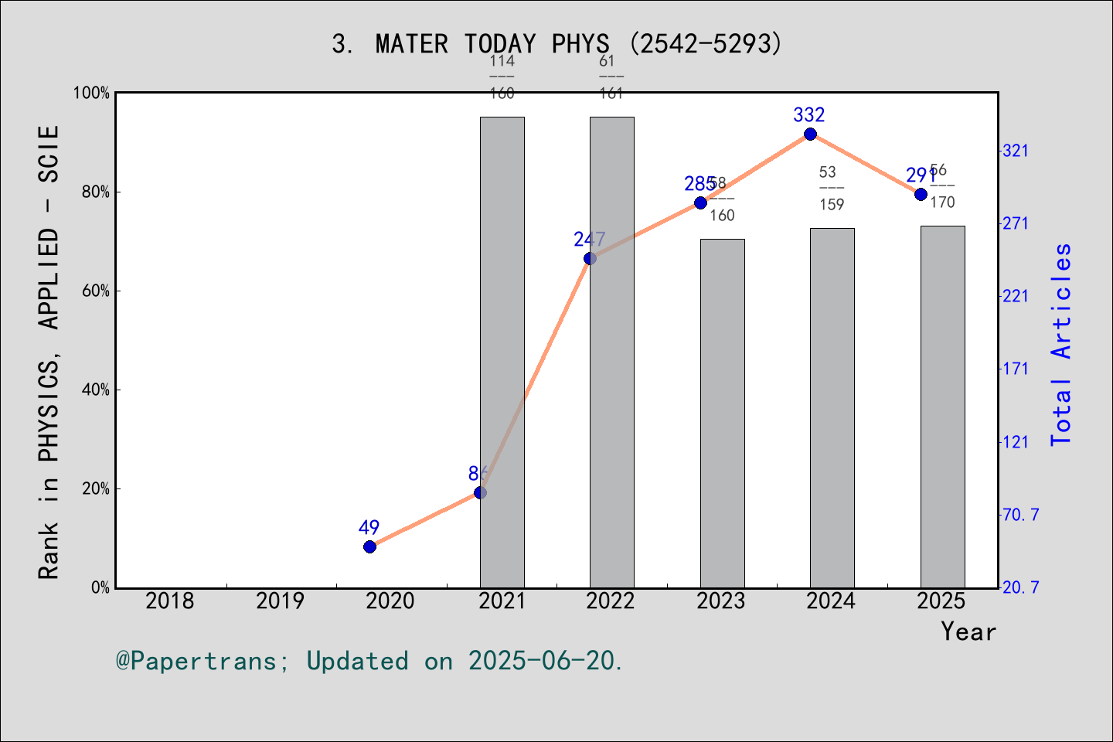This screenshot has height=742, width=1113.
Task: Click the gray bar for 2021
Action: [x=502, y=352]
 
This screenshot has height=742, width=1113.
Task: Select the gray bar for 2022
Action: [x=612, y=352]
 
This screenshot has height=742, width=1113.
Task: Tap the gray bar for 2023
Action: [x=723, y=414]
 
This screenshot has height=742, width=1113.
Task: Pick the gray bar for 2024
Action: [x=832, y=408]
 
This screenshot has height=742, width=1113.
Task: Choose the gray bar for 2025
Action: [x=942, y=407]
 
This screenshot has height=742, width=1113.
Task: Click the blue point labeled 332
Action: [x=810, y=134]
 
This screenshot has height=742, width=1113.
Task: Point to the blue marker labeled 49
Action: [x=369, y=546]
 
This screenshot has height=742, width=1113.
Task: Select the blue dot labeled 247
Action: [x=590, y=258]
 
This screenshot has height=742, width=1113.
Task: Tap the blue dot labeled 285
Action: [x=700, y=203]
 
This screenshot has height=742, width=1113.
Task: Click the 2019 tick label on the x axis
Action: [x=280, y=601]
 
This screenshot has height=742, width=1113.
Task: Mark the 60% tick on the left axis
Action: [x=96, y=291]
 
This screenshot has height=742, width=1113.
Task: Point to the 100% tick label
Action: [x=91, y=94]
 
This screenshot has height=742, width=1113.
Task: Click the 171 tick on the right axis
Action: [x=1016, y=369]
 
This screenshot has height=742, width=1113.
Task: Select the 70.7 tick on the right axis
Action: [x=1020, y=515]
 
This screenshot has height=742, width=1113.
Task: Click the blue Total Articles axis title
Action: [x=1061, y=344]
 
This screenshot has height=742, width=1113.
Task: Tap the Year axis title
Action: [x=968, y=631]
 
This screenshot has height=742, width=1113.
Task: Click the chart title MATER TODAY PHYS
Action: [x=556, y=44]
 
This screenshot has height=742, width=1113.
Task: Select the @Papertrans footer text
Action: [x=369, y=661]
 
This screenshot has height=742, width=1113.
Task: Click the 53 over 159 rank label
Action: [x=832, y=188]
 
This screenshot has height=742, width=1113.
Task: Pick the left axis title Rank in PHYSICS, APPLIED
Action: [x=49, y=352]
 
